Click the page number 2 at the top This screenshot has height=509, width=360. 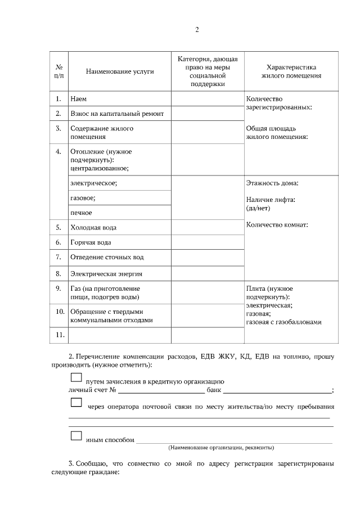(197, 30)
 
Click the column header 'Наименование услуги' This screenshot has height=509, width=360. (120, 71)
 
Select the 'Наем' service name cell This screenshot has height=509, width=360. (78, 99)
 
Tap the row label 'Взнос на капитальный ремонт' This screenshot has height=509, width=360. (117, 114)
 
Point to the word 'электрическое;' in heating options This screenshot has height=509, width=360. (93, 183)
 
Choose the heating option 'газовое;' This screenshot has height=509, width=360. (83, 198)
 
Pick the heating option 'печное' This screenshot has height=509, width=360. (81, 213)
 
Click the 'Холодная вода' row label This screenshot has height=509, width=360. (93, 228)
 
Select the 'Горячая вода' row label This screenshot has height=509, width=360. (91, 242)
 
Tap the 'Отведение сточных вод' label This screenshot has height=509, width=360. (107, 257)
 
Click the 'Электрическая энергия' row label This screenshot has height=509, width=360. (106, 274)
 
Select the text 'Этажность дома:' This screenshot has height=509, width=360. (272, 183)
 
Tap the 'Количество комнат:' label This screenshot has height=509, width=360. (277, 226)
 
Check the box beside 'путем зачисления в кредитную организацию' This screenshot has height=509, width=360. (76, 378)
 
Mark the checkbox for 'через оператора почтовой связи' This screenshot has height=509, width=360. (76, 403)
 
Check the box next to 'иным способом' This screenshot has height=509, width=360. (76, 436)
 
